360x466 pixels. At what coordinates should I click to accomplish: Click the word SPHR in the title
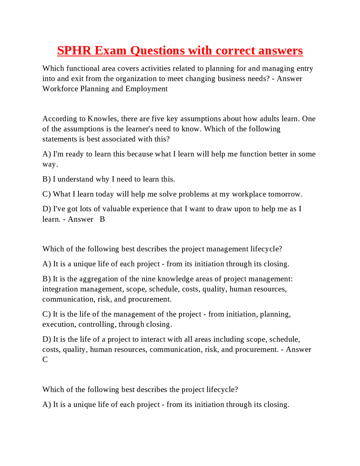coord(74,51)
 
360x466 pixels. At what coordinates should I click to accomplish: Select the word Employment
coord(147,89)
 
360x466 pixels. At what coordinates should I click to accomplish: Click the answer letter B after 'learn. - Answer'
coord(102,219)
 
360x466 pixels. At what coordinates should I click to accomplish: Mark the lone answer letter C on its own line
coord(45,360)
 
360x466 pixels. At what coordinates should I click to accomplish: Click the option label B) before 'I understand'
coord(46,179)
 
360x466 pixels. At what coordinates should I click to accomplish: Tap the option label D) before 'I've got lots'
coord(47,209)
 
